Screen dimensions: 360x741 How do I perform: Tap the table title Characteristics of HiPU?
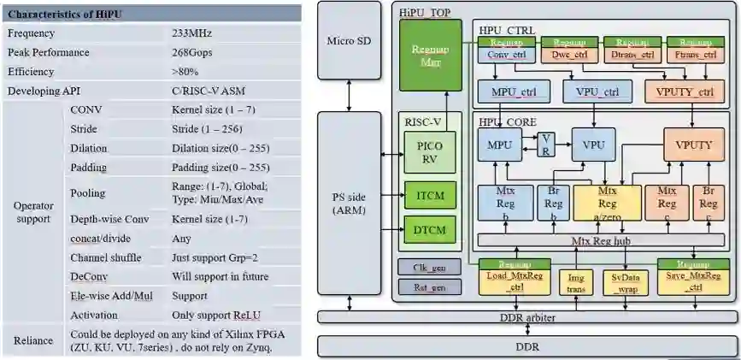tap(66, 14)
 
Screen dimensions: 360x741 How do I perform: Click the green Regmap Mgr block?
tap(430, 54)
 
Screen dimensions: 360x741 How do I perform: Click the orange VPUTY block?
tap(693, 145)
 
